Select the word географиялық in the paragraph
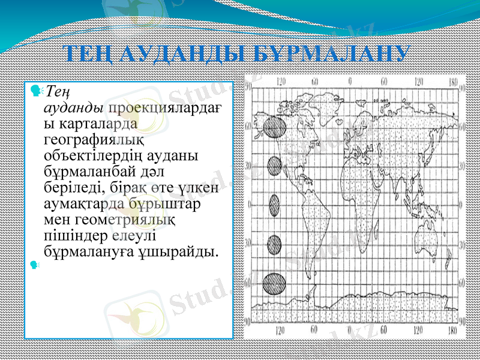click(x=94, y=140)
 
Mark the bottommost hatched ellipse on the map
click(x=275, y=283)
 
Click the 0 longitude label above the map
click(x=350, y=80)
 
